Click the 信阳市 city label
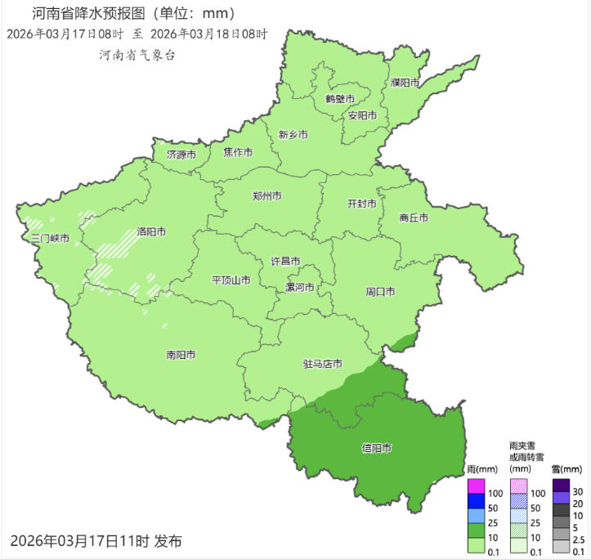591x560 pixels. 376,448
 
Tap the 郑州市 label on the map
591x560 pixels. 267,196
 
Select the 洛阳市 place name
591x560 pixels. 151,231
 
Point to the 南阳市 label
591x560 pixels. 181,355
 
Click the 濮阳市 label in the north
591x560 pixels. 405,83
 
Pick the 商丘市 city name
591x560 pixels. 414,217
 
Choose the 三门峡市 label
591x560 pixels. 50,239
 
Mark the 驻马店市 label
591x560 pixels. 322,364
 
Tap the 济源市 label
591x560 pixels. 181,154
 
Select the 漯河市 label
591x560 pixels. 299,288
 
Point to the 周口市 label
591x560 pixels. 381,292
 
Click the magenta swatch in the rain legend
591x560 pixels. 477,486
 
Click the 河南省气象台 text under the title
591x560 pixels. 137,55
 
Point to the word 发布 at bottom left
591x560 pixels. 168,540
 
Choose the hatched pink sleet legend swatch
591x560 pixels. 519,486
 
